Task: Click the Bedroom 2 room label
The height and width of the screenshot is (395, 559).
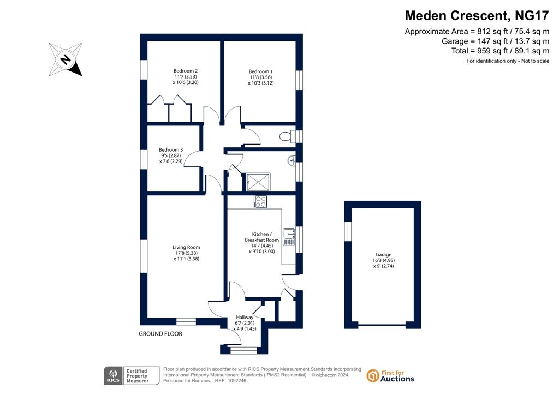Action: point(186,71)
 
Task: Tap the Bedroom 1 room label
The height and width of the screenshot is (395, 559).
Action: point(260,71)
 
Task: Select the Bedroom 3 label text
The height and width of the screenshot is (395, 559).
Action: point(171,150)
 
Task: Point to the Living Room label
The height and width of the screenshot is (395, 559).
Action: point(186,247)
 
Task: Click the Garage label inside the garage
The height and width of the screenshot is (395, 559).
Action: point(384,255)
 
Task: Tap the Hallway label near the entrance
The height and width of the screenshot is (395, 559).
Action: point(245,318)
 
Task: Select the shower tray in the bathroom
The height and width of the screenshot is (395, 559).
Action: point(258,182)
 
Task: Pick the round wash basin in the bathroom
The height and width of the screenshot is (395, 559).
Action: point(292,160)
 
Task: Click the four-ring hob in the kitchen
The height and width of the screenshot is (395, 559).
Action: point(260,202)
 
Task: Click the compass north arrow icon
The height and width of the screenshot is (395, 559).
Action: point(66,59)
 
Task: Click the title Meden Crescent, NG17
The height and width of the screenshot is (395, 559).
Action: point(477,16)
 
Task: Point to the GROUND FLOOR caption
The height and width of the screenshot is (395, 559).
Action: point(160,334)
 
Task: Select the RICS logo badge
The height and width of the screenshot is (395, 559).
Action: point(113,376)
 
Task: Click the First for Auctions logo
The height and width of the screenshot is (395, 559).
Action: point(390,376)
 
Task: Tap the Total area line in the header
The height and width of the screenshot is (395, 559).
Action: point(500,51)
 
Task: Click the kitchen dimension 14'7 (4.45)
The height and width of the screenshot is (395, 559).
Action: point(262,246)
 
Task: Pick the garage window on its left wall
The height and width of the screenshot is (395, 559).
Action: point(348,231)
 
